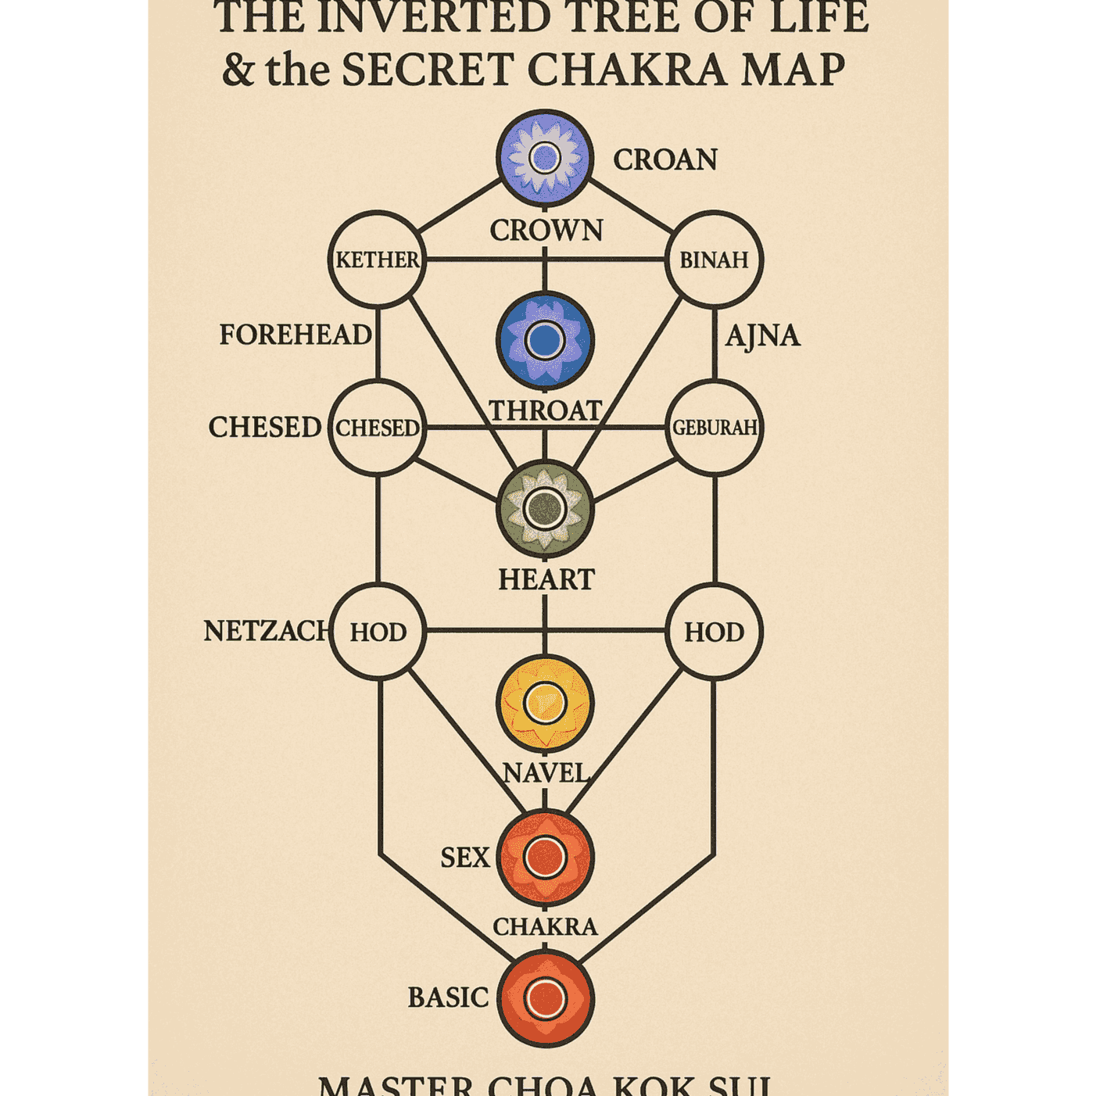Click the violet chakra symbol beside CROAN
tap(545, 158)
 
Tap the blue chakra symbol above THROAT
tap(545, 340)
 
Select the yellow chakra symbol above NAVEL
tap(545, 704)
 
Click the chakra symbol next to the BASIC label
tap(545, 998)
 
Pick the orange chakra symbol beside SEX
tap(545, 858)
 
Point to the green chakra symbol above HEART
tap(545, 509)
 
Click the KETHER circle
tap(378, 260)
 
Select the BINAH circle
tap(714, 260)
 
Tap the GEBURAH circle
tap(714, 428)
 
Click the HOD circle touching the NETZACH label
tap(378, 631)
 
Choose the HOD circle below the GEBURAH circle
tap(714, 631)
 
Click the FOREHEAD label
tap(295, 335)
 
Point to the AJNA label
tap(762, 336)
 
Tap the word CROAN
tap(664, 159)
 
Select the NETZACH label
tap(266, 631)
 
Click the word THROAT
tap(545, 410)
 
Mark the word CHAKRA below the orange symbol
tap(545, 926)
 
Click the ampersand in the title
tap(238, 70)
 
